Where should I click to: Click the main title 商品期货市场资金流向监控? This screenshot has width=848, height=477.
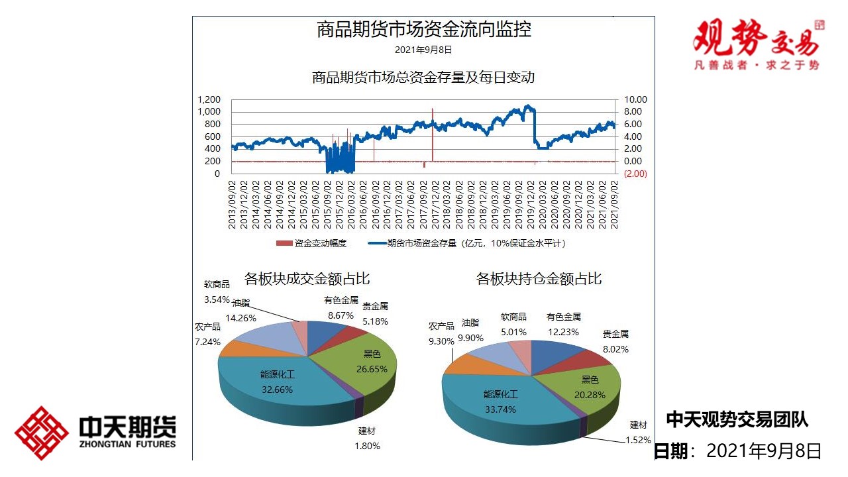pos(424,30)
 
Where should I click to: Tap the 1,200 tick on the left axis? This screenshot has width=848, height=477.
pos(209,99)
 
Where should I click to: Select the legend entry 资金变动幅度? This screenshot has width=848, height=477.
pos(312,243)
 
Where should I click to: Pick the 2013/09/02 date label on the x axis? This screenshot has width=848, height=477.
pos(233,204)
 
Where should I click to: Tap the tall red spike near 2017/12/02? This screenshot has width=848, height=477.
pos(432,132)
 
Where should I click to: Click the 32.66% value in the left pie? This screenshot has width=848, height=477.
pos(277,390)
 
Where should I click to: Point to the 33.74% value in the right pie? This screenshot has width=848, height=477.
pos(500,409)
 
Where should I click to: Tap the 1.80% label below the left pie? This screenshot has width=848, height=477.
pos(367,446)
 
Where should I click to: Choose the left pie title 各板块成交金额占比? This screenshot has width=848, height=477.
pos(307,278)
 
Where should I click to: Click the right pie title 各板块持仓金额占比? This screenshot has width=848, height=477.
pos(539,279)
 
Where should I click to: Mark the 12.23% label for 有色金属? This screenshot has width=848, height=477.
pos(563,332)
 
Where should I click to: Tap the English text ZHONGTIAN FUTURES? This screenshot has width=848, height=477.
pos(127,443)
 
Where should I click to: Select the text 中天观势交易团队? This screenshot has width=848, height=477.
pos(737,419)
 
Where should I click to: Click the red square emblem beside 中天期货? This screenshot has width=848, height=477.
pos(42,433)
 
